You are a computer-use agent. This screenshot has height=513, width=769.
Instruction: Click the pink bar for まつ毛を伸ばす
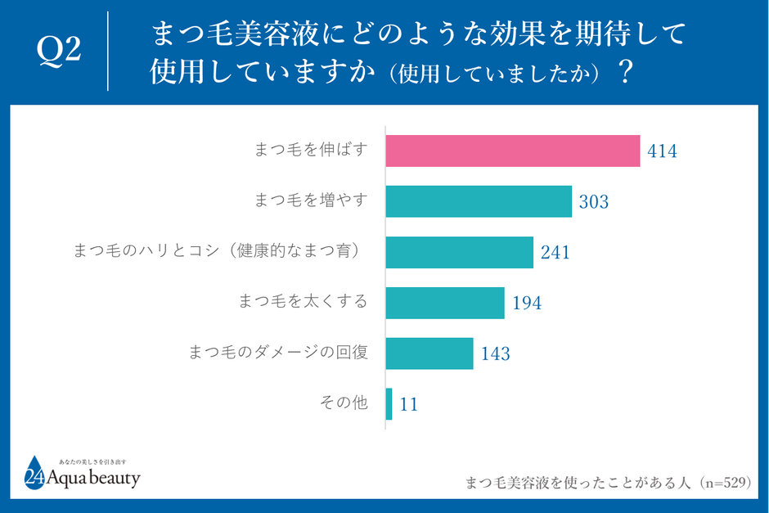point(512,151)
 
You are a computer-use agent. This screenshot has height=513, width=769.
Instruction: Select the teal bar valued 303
point(479,201)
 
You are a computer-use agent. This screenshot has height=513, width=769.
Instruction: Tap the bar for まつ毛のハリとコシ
point(459,252)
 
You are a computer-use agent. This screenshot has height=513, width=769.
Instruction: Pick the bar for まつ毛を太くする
point(444,303)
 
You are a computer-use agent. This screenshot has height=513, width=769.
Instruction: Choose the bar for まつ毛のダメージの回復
point(429,353)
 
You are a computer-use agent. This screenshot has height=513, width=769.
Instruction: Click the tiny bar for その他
point(389,404)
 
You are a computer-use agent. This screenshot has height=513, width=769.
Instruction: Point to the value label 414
point(662,151)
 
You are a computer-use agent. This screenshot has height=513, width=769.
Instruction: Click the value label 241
point(555,253)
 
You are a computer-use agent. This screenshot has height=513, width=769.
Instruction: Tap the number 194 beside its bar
point(527,304)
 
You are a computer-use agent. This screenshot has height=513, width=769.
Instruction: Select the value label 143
point(495,354)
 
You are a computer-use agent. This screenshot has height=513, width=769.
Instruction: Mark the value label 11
point(409,405)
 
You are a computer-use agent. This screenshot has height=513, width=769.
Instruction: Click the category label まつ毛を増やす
point(311,200)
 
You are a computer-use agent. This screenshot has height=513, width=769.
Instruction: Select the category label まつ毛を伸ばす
point(311,150)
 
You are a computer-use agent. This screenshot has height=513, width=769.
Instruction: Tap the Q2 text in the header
point(59,52)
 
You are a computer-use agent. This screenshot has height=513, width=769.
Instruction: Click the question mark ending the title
point(626,73)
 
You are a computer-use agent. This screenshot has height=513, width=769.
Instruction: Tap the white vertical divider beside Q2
point(108,52)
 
